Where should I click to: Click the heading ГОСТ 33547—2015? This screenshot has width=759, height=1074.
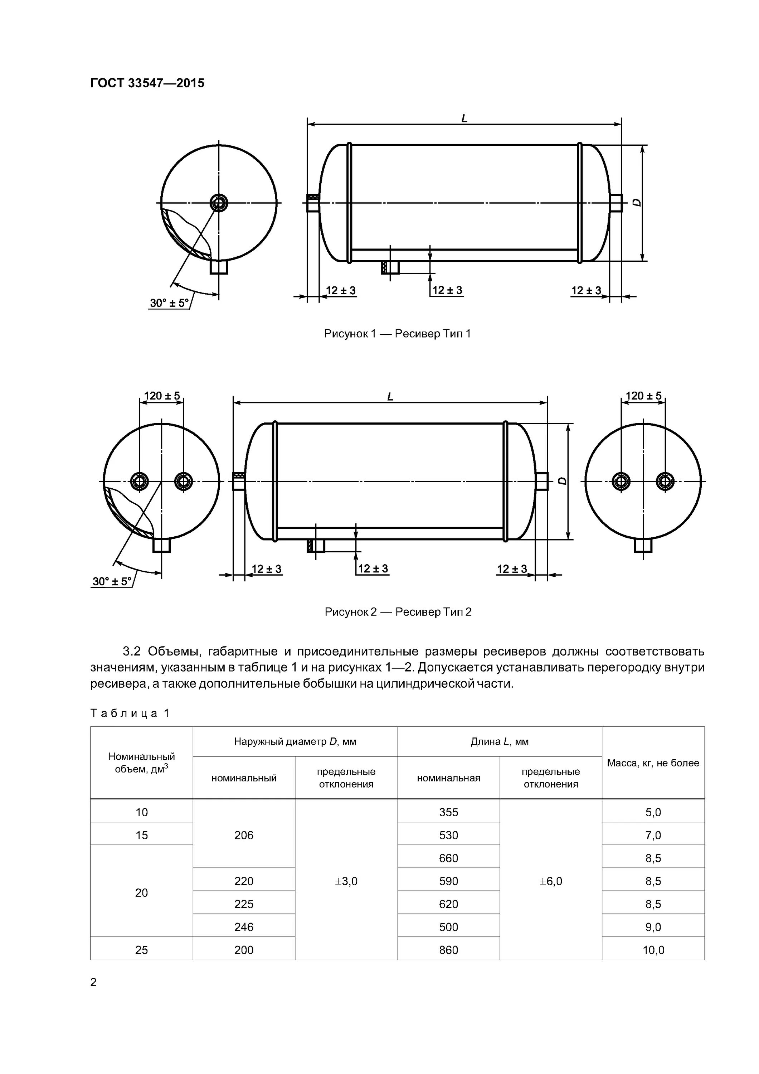[x=147, y=83]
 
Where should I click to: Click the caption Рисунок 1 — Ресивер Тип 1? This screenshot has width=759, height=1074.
[x=397, y=334]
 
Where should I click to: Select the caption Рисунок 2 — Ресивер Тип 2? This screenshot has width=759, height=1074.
[x=398, y=612]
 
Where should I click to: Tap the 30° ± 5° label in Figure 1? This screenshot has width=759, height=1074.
[x=169, y=303]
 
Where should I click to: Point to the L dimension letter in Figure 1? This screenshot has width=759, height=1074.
[x=464, y=118]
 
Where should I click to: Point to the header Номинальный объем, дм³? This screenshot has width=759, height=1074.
[x=141, y=763]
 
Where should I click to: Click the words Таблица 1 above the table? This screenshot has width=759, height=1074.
[x=130, y=713]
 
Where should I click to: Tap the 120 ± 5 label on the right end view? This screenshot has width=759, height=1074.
[x=643, y=396]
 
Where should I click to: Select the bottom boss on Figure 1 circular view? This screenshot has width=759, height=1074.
[x=218, y=267]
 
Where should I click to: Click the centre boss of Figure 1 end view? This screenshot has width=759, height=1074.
[x=218, y=203]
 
